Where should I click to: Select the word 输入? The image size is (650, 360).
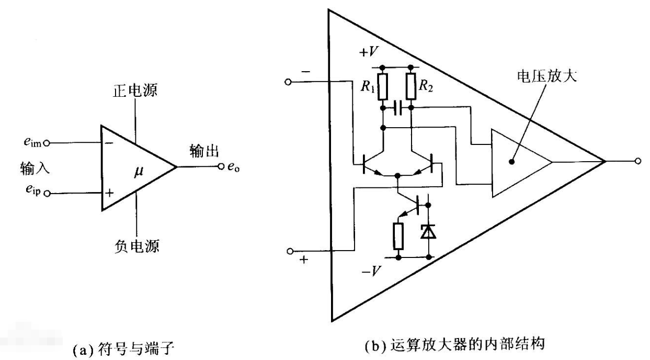tap(30, 168)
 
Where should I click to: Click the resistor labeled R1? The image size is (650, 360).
tap(383, 86)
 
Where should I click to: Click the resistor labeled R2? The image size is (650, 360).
tap(411, 86)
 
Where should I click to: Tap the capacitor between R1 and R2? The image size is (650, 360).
tap(397, 108)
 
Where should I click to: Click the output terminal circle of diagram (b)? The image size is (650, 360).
tap(637, 161)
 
